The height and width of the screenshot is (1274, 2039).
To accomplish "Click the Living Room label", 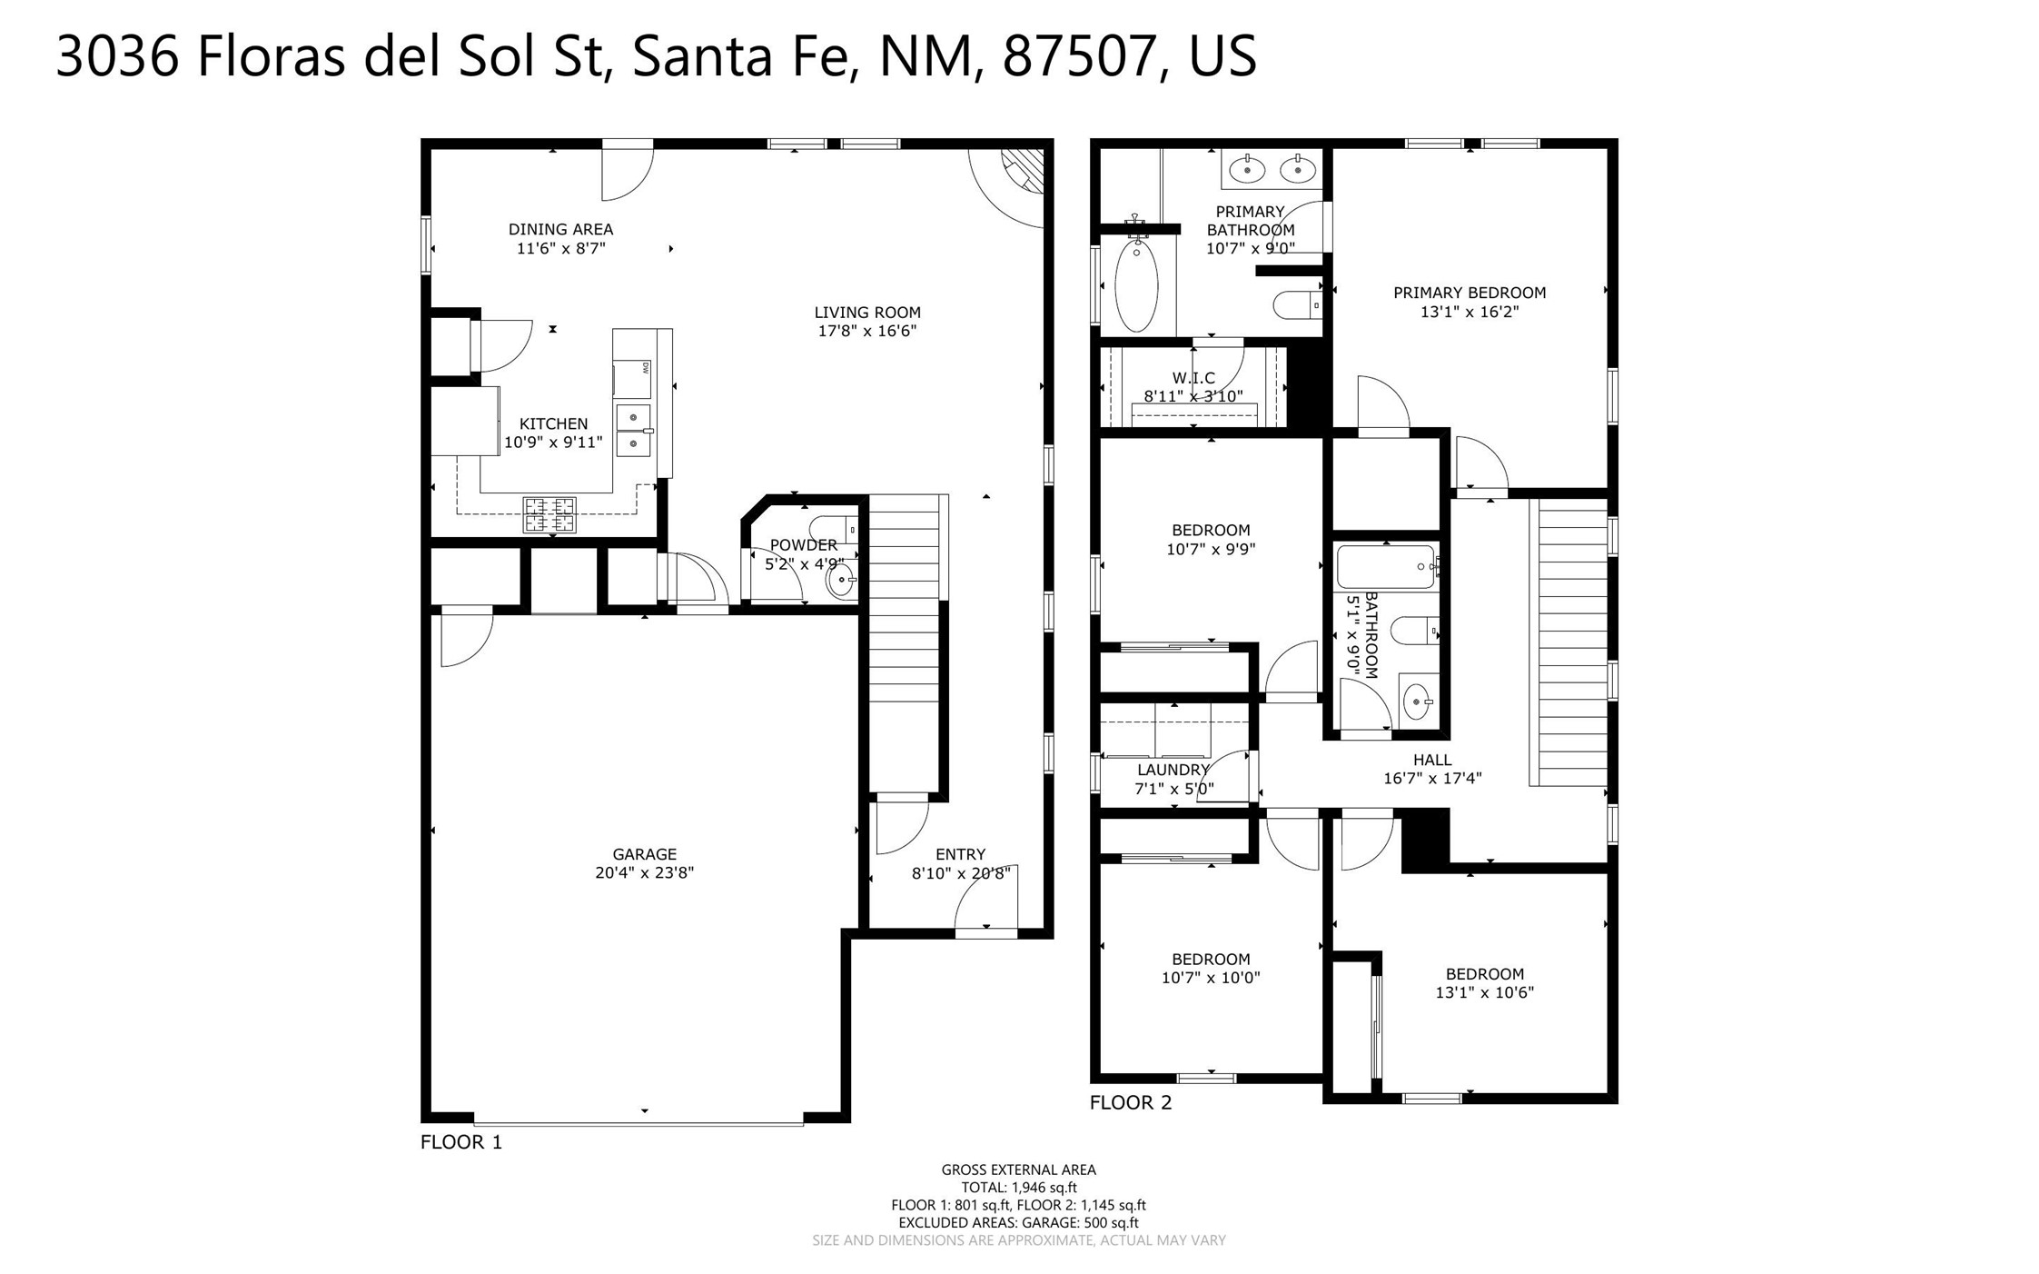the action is click(x=866, y=313).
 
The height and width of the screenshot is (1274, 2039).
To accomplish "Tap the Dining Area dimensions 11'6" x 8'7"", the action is click(x=560, y=248).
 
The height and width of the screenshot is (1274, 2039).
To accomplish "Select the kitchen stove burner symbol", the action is click(x=549, y=514).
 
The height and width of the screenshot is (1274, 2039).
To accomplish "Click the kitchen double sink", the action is click(x=633, y=431).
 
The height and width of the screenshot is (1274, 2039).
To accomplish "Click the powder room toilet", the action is click(x=833, y=528).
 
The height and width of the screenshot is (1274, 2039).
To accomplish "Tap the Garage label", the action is click(x=644, y=854).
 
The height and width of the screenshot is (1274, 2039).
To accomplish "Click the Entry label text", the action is click(x=960, y=854).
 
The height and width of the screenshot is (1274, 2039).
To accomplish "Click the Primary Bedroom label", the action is click(x=1470, y=293).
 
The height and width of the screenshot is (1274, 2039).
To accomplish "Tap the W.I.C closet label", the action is click(x=1193, y=378).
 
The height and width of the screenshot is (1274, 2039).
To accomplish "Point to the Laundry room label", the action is click(x=1173, y=770).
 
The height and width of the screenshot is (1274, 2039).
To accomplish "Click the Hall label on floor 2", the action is click(x=1432, y=760).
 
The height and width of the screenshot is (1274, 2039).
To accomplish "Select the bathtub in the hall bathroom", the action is click(x=1386, y=567).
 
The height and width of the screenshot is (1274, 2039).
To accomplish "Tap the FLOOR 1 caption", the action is click(x=460, y=1142).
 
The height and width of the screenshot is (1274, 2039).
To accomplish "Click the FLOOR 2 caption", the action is click(x=1131, y=1102).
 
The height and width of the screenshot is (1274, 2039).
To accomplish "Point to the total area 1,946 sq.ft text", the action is click(x=1019, y=1187).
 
